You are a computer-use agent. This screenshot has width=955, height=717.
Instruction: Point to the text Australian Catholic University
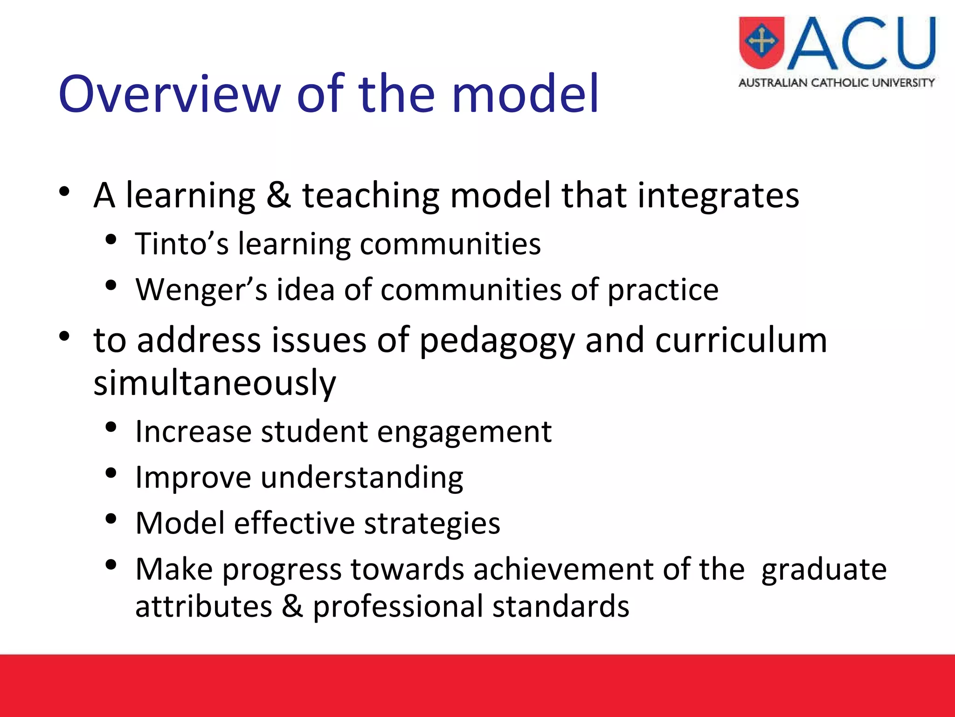tap(837, 83)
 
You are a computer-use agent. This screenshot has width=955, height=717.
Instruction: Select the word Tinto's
tap(182, 244)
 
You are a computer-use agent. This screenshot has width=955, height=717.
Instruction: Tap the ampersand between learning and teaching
tap(278, 195)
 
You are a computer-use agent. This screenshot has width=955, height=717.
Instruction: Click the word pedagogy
tap(497, 341)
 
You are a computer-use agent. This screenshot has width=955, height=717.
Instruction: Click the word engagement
tap(464, 432)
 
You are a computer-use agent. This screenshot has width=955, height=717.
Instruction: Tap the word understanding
tap(361, 478)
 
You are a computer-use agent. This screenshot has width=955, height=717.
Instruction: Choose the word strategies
tap(432, 523)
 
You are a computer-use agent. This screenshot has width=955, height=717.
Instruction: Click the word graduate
tap(824, 570)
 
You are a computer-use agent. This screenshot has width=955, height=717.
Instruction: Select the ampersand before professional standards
tap(292, 606)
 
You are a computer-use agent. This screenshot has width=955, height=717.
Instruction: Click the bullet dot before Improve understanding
tap(111, 474)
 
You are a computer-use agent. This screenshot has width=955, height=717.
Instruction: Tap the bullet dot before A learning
tap(64, 191)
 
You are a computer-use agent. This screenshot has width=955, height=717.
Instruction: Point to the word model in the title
tap(525, 95)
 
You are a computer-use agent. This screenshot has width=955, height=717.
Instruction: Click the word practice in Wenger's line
tap(663, 290)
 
